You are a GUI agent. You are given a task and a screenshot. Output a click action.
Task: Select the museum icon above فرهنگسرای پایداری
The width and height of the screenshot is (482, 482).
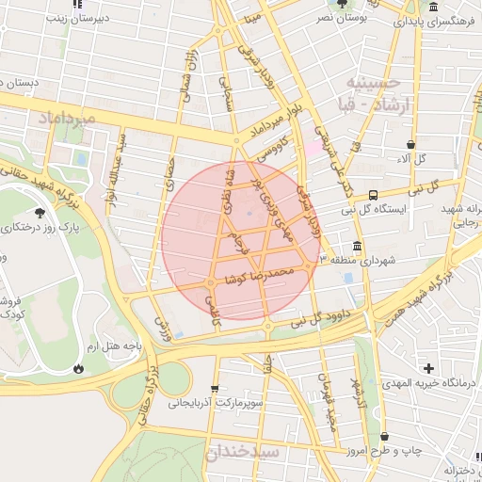[x=432, y=8]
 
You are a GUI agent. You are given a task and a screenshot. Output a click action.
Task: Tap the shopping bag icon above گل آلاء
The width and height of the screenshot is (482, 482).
[x=410, y=144]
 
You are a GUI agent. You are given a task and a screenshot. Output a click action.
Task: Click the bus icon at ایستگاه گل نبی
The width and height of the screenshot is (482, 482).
[x=374, y=195]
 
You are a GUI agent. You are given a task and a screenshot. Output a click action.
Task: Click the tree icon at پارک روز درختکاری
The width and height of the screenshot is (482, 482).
[x=40, y=213]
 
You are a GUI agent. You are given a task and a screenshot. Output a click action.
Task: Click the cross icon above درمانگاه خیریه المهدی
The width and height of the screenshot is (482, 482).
[x=429, y=368]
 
